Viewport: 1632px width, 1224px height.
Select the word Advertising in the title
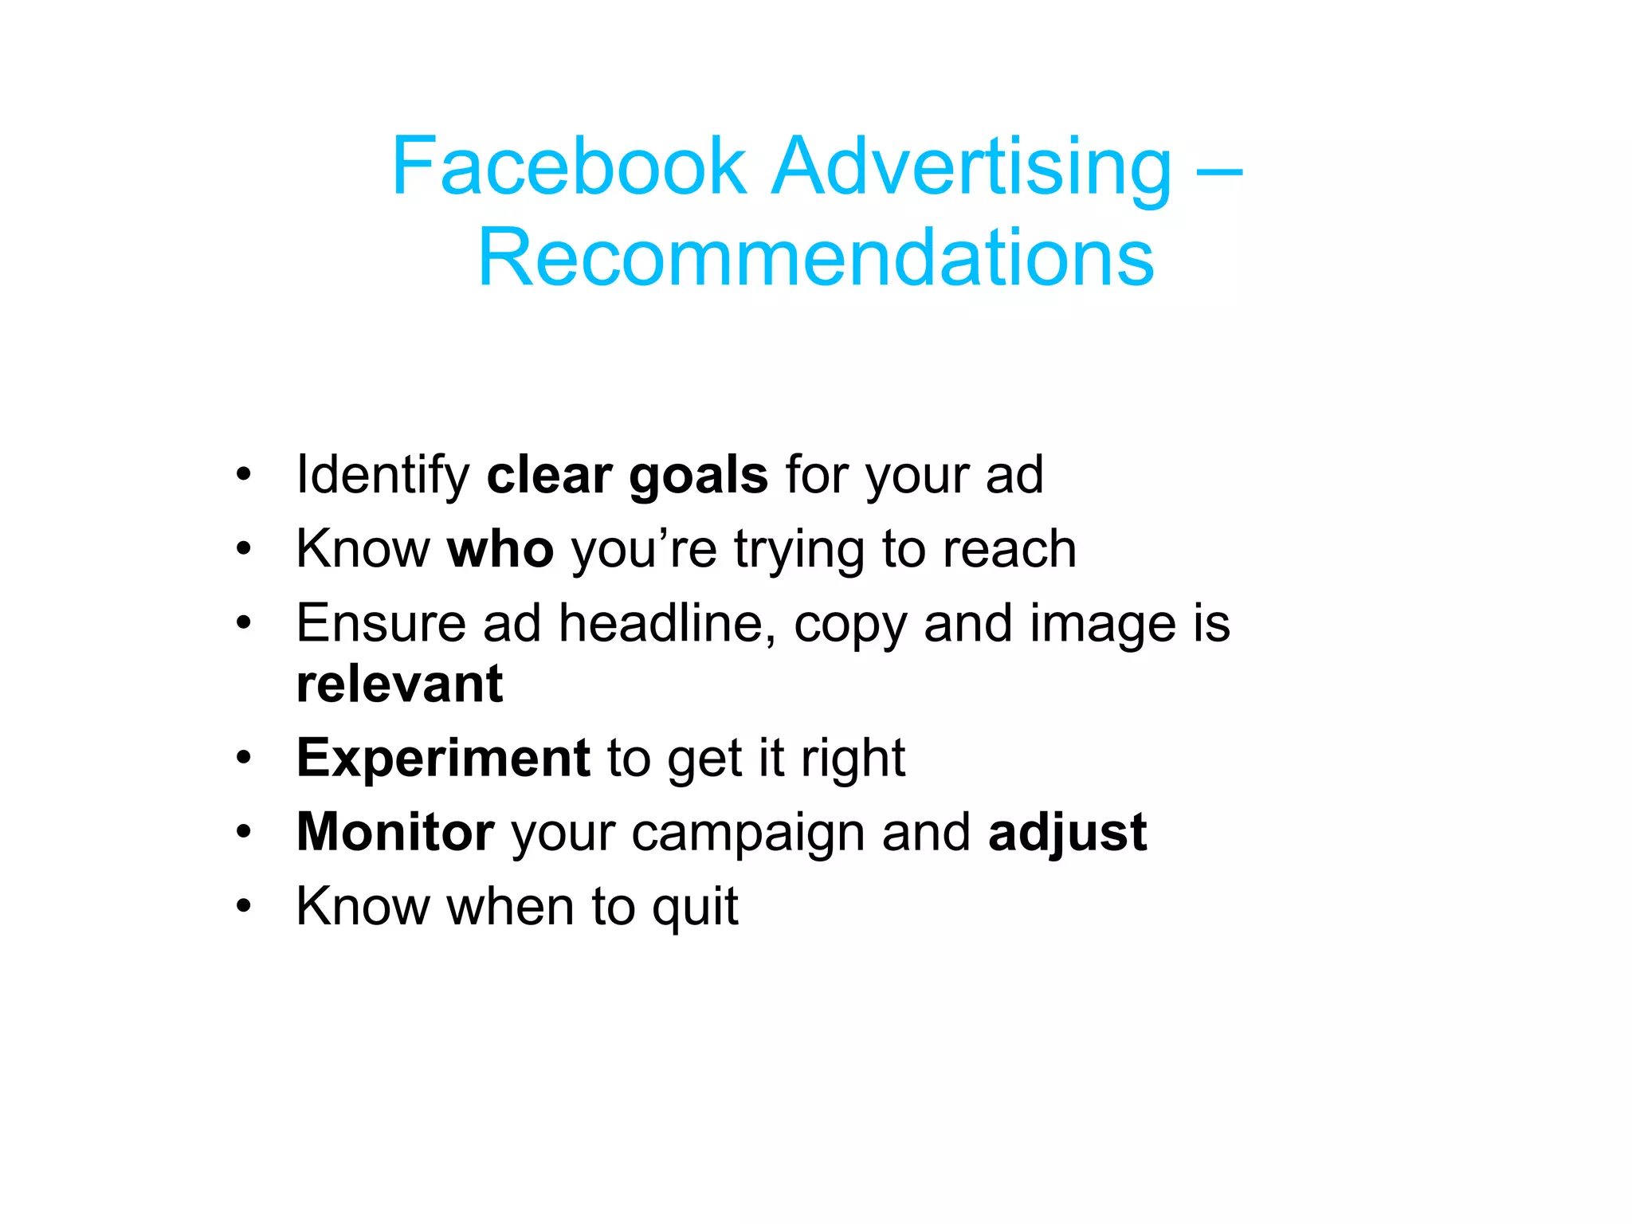pyautogui.click(x=971, y=167)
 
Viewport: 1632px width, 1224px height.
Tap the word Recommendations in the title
pyautogui.click(x=815, y=257)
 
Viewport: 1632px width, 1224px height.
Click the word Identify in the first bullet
pyautogui.click(x=383, y=476)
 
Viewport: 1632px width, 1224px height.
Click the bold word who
pyautogui.click(x=500, y=549)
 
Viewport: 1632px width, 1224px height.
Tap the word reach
pyautogui.click(x=1010, y=549)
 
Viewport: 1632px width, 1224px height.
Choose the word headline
pyautogui.click(x=667, y=623)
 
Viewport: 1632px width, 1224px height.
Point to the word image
pyautogui.click(x=1103, y=625)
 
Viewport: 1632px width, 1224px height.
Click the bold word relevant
pyautogui.click(x=399, y=684)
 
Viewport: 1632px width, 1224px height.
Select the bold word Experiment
pyautogui.click(x=443, y=759)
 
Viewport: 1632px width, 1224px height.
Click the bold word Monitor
pyautogui.click(x=395, y=833)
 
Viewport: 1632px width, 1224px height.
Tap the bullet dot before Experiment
pyautogui.click(x=244, y=758)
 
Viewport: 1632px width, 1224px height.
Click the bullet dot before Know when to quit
pyautogui.click(x=244, y=906)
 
